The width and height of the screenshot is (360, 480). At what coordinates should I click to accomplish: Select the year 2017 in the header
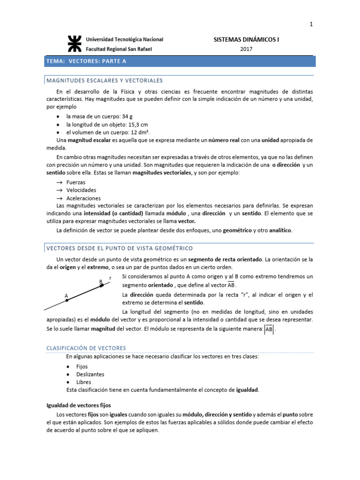pos(246,49)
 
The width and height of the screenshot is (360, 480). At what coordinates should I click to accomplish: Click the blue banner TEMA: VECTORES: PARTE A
pos(180,61)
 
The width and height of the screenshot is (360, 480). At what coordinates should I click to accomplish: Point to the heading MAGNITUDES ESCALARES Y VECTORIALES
pos(105,81)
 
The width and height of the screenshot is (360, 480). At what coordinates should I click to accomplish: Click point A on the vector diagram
pos(67,300)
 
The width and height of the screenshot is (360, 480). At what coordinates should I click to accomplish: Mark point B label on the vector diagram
pos(100,282)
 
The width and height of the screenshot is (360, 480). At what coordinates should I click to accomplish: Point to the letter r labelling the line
pos(110,278)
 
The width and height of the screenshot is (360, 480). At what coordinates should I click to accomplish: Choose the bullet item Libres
pos(83,382)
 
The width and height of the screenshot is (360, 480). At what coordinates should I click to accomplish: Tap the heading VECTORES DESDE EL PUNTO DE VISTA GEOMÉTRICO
pos(119,248)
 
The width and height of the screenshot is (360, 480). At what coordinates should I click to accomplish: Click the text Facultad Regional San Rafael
pos(119,49)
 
